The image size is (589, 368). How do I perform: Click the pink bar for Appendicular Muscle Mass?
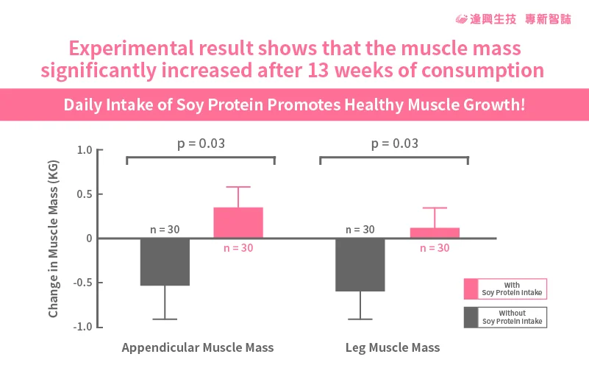238,222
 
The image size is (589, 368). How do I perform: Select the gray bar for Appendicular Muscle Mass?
165,261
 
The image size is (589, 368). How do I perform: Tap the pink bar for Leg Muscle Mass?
435,233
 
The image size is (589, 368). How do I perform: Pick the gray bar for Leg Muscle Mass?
360,264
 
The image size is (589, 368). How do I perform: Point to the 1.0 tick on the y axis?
85,150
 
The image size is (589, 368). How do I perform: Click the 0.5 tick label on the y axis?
85,194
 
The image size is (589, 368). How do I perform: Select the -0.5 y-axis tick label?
83,283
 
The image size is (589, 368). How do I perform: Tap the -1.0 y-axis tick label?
83,327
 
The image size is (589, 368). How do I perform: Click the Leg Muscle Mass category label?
393,347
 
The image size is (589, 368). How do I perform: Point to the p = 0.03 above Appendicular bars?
201,143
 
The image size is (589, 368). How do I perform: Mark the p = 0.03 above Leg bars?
394,143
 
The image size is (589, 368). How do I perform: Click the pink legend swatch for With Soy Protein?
471,288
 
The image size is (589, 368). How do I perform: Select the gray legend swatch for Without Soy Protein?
471,317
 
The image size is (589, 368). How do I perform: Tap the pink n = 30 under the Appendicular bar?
238,248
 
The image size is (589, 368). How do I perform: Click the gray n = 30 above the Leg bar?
359,230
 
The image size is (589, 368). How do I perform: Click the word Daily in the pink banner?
81,105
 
